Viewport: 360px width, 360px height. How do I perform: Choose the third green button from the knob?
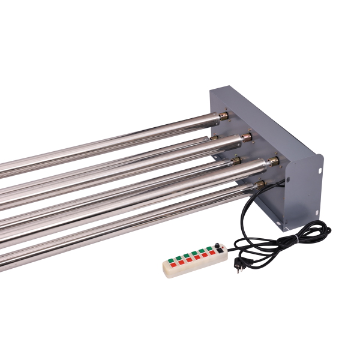(194, 253)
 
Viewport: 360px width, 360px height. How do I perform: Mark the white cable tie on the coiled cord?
(295, 239)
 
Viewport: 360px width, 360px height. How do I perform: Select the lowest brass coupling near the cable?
(259, 184)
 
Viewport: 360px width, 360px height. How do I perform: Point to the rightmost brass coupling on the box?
(274, 161)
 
